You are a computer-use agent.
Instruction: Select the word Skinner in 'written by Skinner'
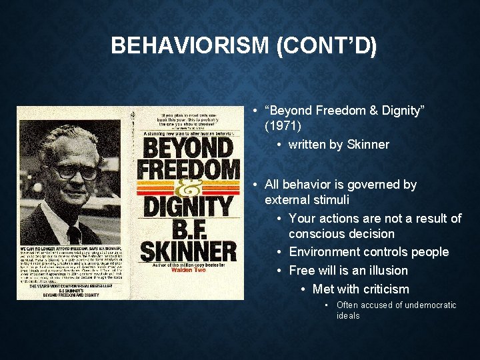(368, 145)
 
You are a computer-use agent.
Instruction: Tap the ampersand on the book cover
(188, 190)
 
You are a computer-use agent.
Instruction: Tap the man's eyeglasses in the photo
(76, 171)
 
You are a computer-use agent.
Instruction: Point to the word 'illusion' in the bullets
(384, 270)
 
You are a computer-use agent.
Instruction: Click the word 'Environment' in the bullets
(327, 252)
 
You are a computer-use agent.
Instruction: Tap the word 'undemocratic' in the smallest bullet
(425, 305)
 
